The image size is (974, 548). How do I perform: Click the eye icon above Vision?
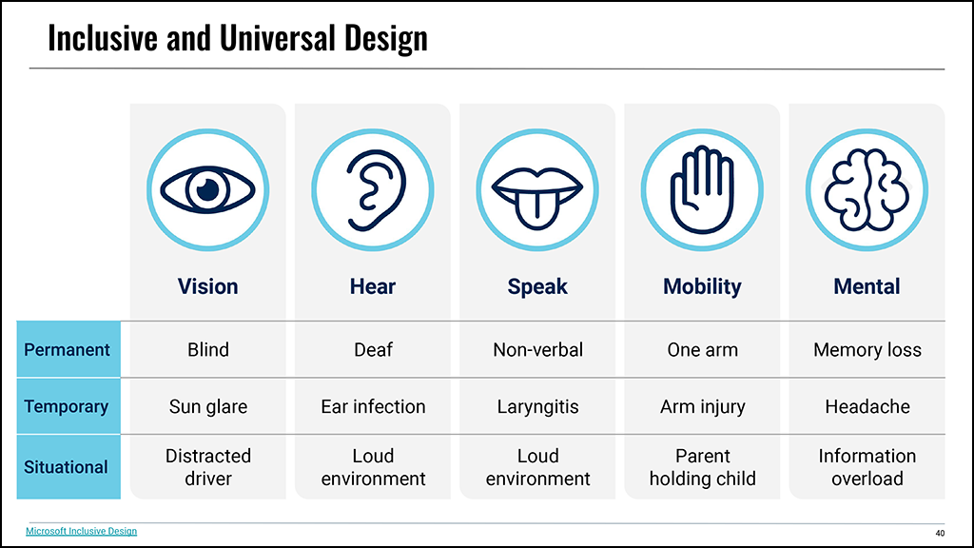coord(208,189)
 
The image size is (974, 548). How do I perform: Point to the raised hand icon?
coord(702,190)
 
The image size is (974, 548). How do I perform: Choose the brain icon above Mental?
coord(867,190)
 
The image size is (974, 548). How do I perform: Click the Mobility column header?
coord(702,286)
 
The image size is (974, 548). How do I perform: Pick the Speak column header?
coord(537,286)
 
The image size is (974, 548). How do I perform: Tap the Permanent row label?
coord(68,350)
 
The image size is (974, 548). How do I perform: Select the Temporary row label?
coord(67,407)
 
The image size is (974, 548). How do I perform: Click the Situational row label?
coord(66,467)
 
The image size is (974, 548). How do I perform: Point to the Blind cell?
coord(208,350)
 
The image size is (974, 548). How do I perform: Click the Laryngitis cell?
coord(538,407)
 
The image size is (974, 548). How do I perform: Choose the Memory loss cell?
coord(867,350)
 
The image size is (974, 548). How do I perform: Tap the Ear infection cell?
coord(373,406)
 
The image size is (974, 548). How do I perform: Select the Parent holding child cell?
coord(703,467)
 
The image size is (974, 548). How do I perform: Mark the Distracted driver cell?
coord(208,467)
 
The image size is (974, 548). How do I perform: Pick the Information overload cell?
coord(867,467)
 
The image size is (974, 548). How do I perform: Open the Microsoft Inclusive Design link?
coord(82,531)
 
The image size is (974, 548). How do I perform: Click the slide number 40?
coord(940,533)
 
